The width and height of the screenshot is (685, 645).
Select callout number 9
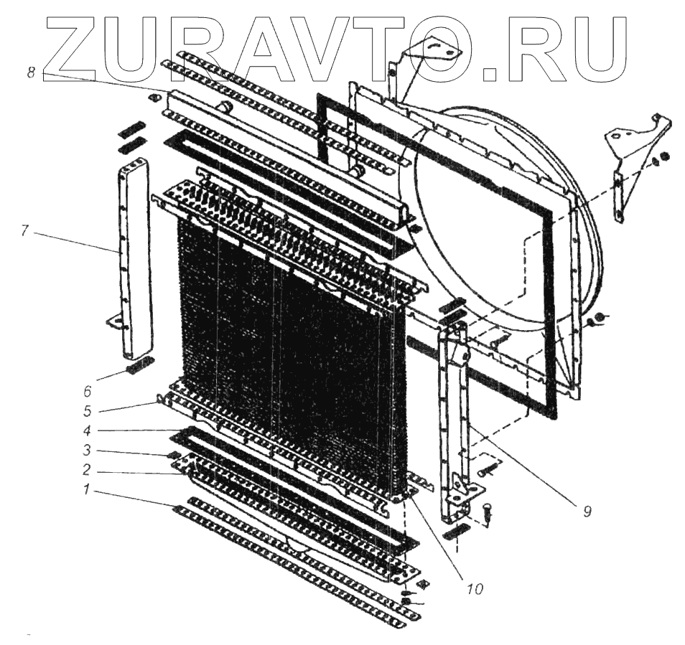pos(586,512)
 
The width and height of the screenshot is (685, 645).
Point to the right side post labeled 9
pos(455,423)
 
